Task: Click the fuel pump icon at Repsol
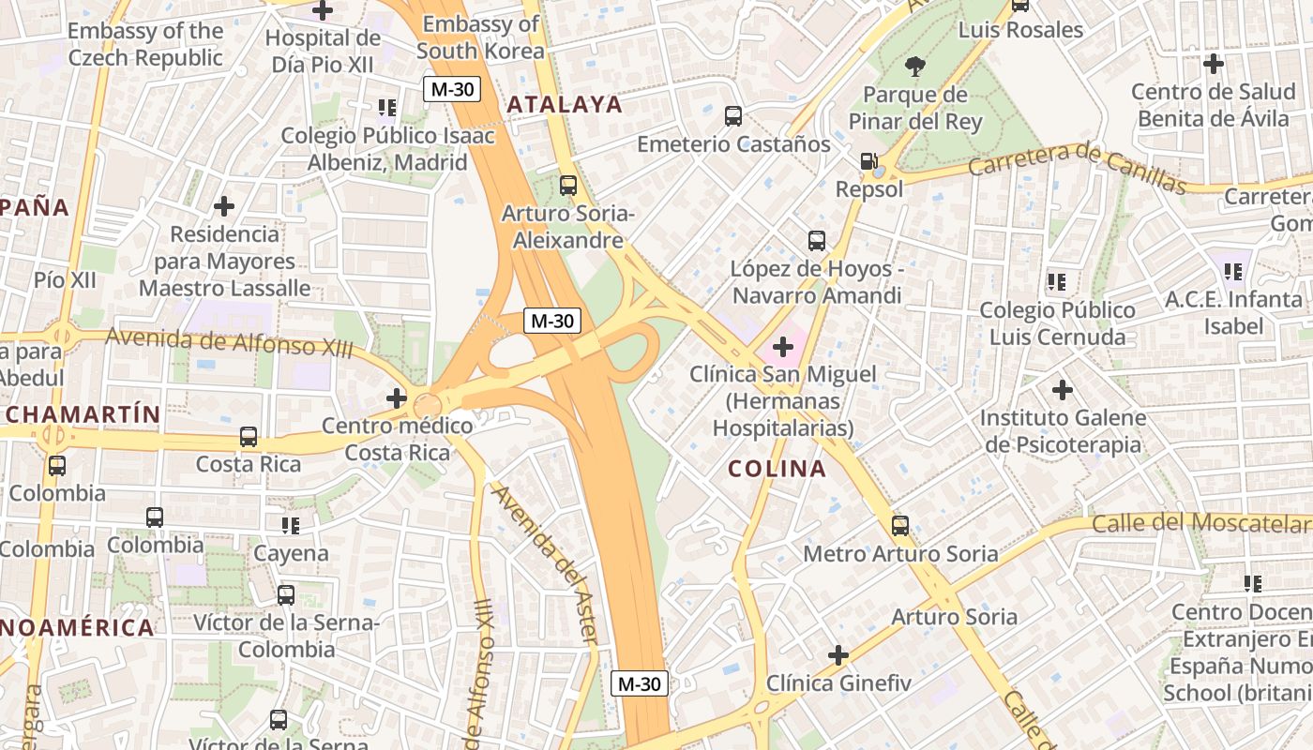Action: (x=869, y=161)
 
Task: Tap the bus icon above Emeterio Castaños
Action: (x=733, y=116)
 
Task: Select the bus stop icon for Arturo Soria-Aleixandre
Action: (x=567, y=186)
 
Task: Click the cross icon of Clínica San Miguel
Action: (x=783, y=348)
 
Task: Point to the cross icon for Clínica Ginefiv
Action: (x=838, y=654)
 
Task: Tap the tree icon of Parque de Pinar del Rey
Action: (x=914, y=66)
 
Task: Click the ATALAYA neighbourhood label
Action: (x=565, y=104)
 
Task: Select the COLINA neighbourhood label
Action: (x=777, y=469)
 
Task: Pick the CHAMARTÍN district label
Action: (x=83, y=414)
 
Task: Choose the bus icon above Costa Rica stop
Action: (x=249, y=437)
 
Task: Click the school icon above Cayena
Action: (x=291, y=526)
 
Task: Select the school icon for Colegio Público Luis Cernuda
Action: (x=1057, y=281)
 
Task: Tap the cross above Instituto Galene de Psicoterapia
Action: (x=1062, y=389)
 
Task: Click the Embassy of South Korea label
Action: (x=481, y=37)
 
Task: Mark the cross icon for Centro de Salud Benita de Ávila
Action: (x=1214, y=64)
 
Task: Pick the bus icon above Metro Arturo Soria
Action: (x=900, y=526)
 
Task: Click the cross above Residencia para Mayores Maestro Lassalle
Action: (x=224, y=205)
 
